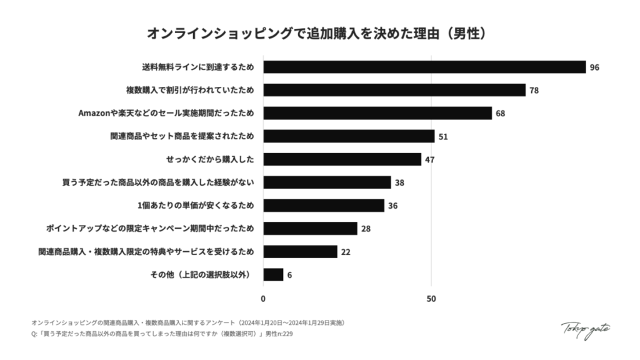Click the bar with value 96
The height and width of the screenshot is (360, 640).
tap(424, 67)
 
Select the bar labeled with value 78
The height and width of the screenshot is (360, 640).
tap(394, 90)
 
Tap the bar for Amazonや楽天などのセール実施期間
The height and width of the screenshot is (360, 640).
tap(377, 113)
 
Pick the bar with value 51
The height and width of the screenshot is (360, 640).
tap(349, 136)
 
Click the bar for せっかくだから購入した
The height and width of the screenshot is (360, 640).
tap(342, 159)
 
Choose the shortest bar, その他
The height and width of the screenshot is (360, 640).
tap(273, 274)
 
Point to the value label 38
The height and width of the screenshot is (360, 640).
tap(400, 182)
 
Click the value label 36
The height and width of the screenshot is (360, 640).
tap(393, 206)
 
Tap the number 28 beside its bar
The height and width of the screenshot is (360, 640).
tap(366, 229)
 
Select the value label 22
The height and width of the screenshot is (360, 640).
tap(346, 252)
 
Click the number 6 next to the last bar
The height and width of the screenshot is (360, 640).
tap(289, 275)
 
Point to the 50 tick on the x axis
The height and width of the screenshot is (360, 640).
tap(431, 299)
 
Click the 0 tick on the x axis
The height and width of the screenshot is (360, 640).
tap(263, 299)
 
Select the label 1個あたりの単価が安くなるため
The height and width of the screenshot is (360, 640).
tap(196, 206)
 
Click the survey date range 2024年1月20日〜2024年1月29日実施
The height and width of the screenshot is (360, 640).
tap(291, 323)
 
